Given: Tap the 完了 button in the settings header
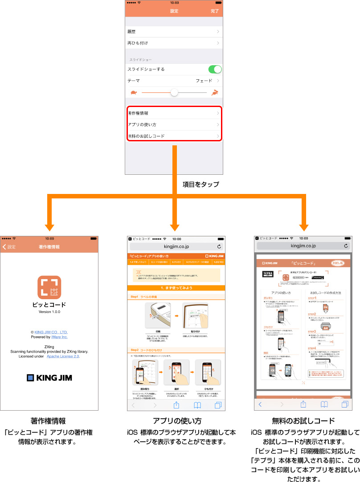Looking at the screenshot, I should point(215,11).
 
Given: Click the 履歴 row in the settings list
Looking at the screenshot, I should point(174,32).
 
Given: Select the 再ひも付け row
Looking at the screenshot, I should point(174,43).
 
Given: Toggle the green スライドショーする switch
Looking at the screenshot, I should point(215,69).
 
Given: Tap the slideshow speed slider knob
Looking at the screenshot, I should point(174,92).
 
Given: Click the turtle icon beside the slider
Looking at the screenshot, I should point(134,92).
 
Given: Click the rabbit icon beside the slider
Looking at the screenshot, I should point(215,92).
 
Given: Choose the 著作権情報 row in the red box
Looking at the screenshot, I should point(174,113).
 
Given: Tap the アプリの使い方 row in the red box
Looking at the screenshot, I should point(174,124).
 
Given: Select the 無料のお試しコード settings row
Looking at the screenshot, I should point(174,136).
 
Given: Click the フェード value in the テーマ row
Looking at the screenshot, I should point(204,81).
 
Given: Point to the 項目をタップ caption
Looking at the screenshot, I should point(200,184).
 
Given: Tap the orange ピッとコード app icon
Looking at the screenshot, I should point(49,288).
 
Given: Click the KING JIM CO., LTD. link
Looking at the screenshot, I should point(51,332).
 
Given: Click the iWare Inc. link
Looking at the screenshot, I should point(58,337).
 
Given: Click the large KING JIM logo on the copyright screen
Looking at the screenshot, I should point(49,378).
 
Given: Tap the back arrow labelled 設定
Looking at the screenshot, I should point(9,247).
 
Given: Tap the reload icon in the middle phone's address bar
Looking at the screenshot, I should point(219,246).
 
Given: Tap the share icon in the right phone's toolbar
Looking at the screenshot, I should point(303,404).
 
